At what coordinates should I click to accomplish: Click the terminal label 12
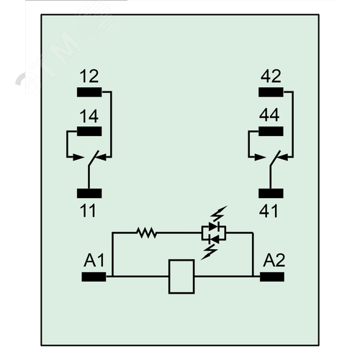click(x=89, y=76)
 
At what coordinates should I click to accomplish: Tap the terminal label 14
click(x=89, y=116)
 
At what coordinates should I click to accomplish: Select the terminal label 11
click(x=88, y=211)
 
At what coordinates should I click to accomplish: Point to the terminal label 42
click(x=271, y=76)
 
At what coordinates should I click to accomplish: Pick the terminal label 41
click(x=269, y=211)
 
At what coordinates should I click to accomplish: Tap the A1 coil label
click(x=94, y=260)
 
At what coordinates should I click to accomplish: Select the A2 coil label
click(x=274, y=260)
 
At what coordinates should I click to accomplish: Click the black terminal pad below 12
click(x=89, y=92)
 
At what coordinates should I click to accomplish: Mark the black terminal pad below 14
click(x=89, y=131)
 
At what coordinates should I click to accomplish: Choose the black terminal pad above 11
click(x=89, y=193)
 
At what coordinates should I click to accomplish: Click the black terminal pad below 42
click(x=271, y=92)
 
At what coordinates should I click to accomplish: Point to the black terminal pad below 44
click(x=271, y=131)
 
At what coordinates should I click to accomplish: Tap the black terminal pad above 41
click(x=271, y=193)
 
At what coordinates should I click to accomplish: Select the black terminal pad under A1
click(x=94, y=276)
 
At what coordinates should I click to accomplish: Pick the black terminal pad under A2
click(x=272, y=276)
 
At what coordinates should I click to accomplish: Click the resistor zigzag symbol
click(x=146, y=233)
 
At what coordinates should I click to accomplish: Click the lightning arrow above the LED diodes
click(x=218, y=214)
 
